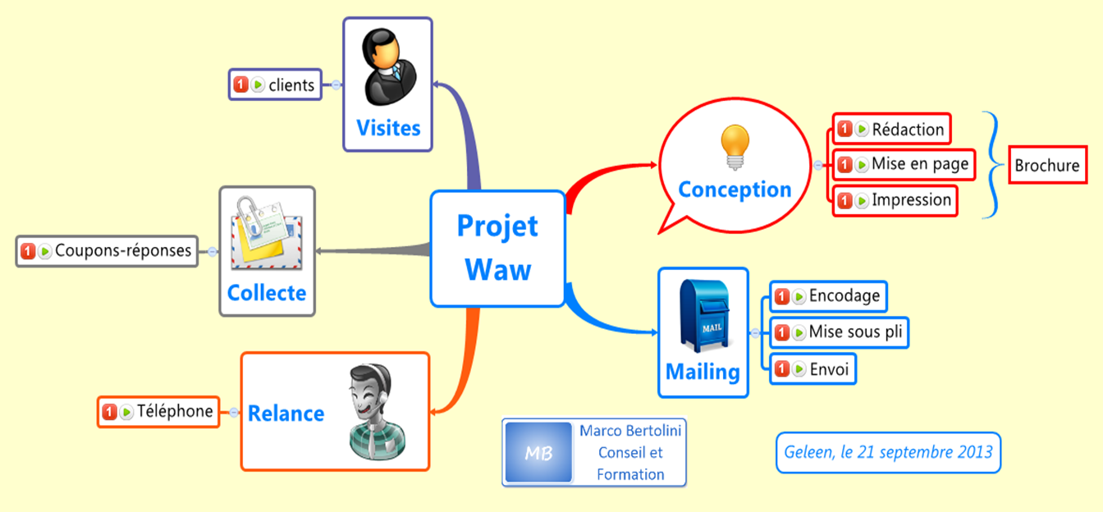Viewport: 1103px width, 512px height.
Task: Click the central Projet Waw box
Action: coord(497,249)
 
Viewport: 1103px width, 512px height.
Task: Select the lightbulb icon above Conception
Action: coord(735,146)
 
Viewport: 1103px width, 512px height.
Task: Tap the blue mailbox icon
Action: coord(703,315)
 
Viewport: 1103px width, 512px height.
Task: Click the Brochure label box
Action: coord(1046,166)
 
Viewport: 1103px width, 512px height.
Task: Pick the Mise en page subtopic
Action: coord(904,164)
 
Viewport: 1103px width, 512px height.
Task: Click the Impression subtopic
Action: coord(895,200)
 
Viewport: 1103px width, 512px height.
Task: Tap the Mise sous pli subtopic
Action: coord(840,332)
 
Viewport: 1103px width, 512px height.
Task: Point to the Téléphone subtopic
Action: coord(158,411)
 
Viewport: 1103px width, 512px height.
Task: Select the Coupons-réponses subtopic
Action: coord(108,250)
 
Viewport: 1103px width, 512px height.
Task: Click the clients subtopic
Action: coord(275,85)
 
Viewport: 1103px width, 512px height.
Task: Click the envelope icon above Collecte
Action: coord(266,233)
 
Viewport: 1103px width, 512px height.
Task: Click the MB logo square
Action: coord(538,453)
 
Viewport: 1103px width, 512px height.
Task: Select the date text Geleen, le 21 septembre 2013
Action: coord(888,452)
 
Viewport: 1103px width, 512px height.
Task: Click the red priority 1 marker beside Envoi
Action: coord(782,368)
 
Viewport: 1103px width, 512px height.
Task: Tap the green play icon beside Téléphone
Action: coord(126,412)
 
